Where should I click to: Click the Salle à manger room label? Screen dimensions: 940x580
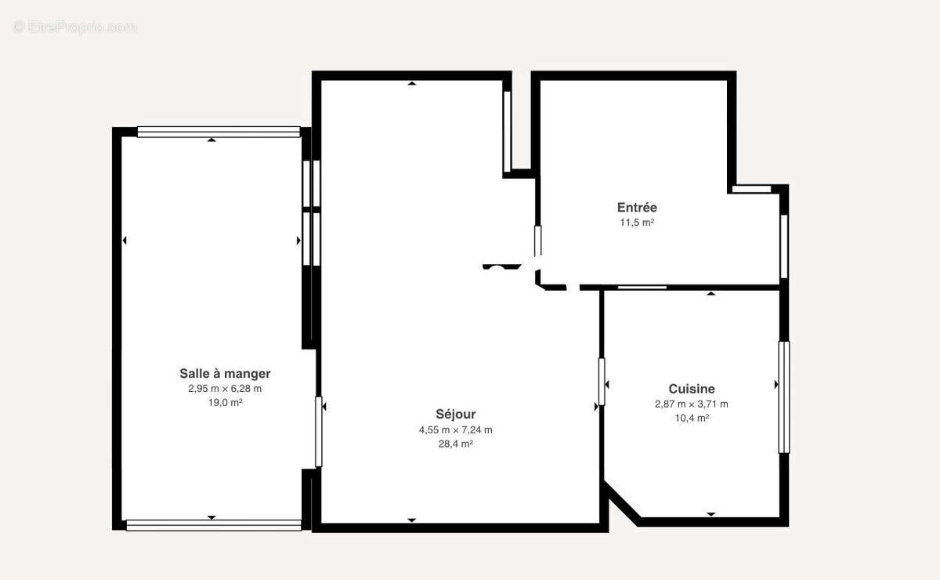tap(225, 373)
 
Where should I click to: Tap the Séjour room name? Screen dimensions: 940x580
tap(456, 415)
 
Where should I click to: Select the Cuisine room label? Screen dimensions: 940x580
tap(692, 389)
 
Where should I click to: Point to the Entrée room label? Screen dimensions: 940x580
tap(637, 207)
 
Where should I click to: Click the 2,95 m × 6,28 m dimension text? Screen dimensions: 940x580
tap(225, 389)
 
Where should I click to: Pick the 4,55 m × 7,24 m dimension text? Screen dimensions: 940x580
tap(456, 430)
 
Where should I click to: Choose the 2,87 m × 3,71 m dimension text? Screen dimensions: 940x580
tap(692, 404)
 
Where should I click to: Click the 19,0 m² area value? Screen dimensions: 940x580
tap(226, 402)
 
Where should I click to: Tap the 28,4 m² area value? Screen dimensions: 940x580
tap(456, 444)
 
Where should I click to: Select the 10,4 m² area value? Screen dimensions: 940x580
tap(692, 418)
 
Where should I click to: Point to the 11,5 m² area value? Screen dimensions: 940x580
tap(638, 222)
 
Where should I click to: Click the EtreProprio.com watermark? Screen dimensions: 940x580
tap(74, 27)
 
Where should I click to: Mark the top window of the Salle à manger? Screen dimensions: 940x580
tap(219, 132)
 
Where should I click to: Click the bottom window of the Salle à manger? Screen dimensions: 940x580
tap(214, 525)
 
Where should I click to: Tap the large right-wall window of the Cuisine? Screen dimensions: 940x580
tap(784, 397)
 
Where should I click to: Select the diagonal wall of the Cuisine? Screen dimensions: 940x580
tap(623, 503)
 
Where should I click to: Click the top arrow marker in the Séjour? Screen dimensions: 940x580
tap(412, 84)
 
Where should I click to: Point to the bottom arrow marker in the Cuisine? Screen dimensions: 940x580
tap(711, 514)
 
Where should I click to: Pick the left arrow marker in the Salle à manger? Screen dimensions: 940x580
tap(125, 241)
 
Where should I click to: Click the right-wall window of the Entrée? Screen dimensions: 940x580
tap(784, 247)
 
